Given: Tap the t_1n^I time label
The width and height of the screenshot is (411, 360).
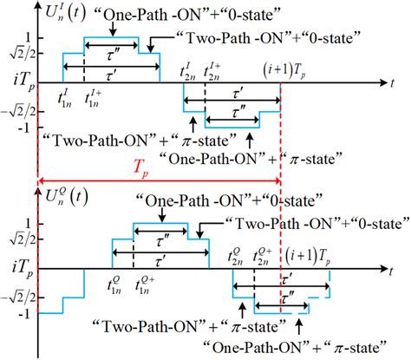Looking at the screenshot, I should pyautogui.click(x=64, y=97).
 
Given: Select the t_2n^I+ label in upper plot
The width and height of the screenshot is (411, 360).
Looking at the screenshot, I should pyautogui.click(x=211, y=71).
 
